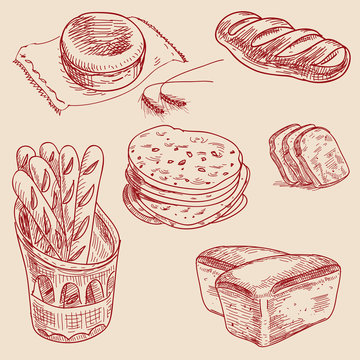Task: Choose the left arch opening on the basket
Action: pyautogui.click(x=45, y=287)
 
